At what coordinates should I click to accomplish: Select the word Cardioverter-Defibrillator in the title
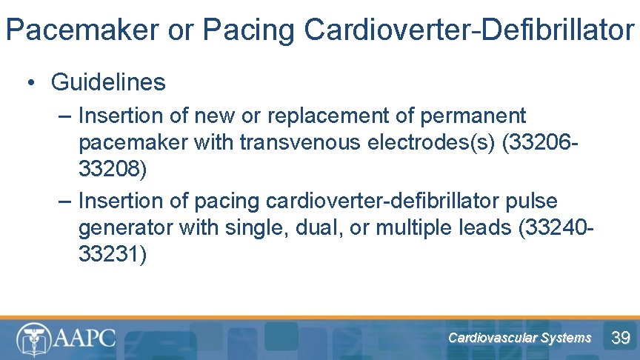point(469,30)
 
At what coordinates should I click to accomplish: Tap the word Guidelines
point(108,82)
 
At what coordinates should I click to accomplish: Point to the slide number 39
point(620,339)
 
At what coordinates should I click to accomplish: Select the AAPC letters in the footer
point(84,339)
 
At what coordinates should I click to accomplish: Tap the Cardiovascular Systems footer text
point(519,338)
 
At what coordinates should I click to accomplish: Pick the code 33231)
point(113,254)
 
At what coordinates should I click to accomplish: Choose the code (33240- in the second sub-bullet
point(557,227)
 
